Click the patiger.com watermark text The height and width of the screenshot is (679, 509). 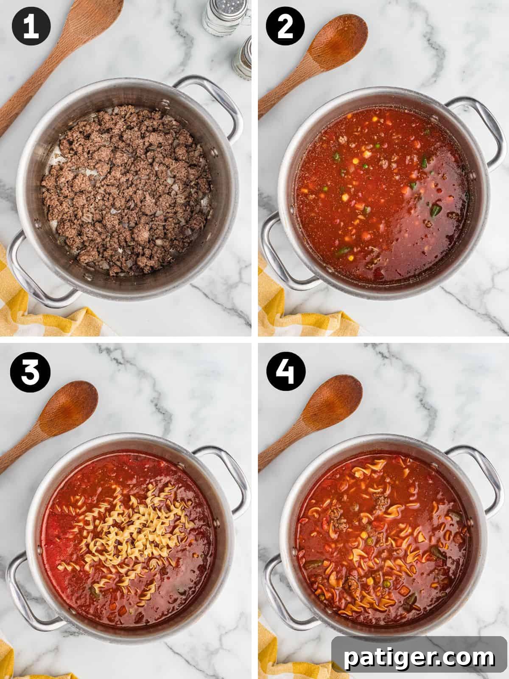[x=419, y=657]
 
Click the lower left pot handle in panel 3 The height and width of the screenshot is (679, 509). [x=23, y=594]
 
